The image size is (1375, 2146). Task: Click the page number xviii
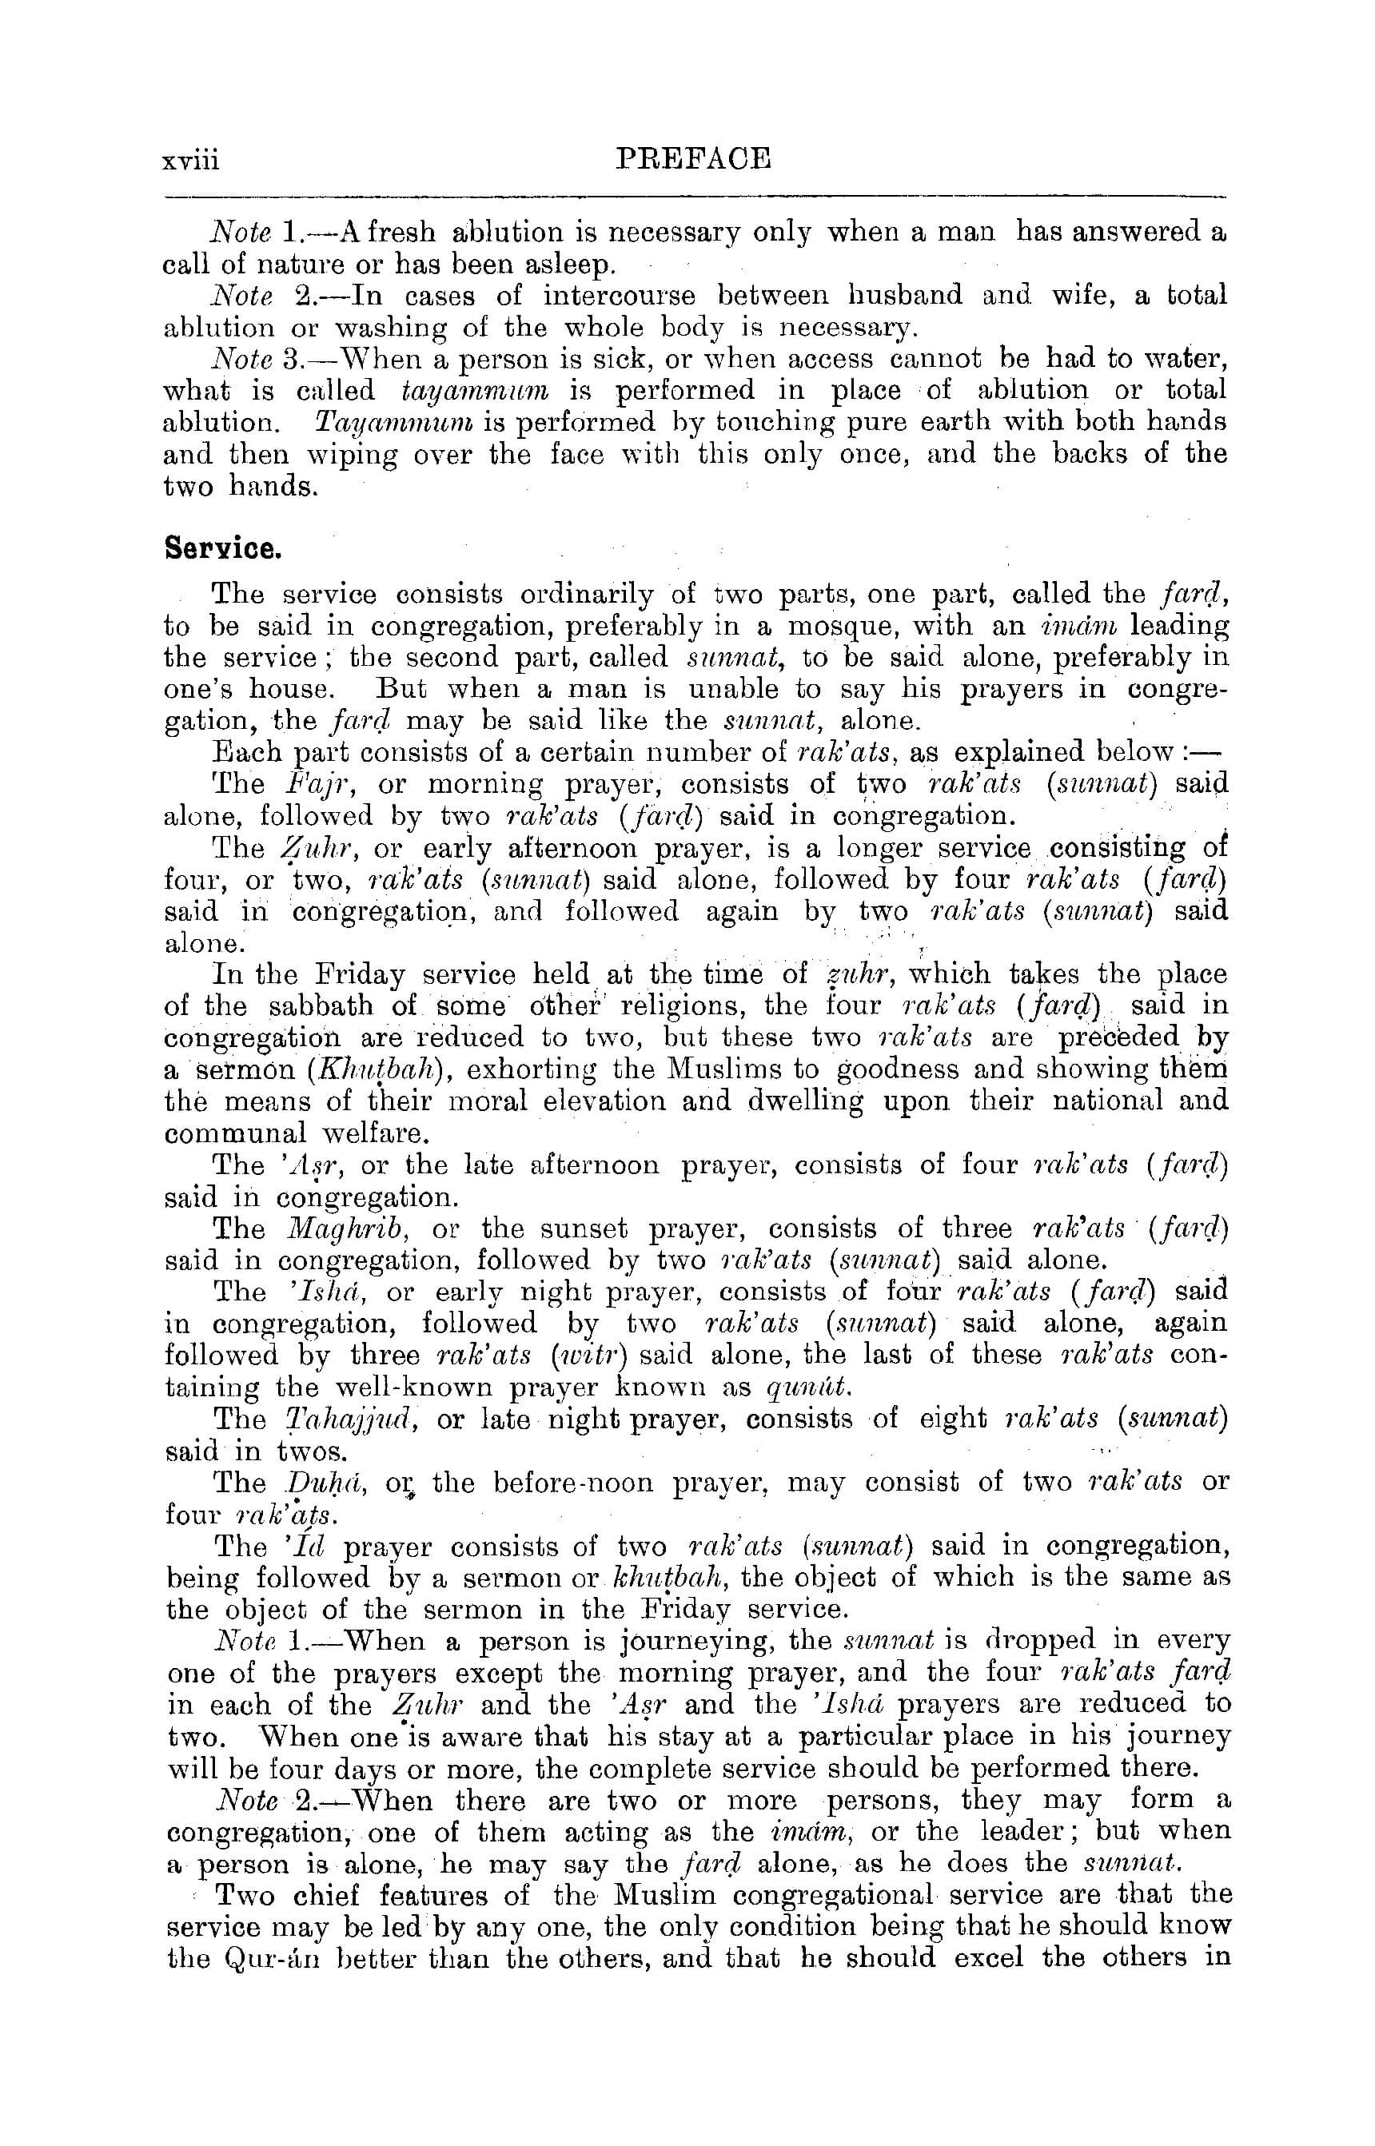point(191,161)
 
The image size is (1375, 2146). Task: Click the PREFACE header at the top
point(694,159)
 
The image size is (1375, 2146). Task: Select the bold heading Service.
point(223,548)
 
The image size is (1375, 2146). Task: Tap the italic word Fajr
point(313,785)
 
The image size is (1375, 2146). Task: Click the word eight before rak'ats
point(949,1419)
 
